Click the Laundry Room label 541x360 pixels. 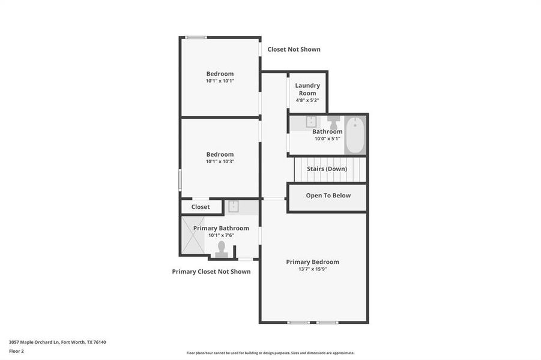click(307, 89)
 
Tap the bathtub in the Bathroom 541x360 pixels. click(354, 136)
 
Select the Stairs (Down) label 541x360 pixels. click(327, 169)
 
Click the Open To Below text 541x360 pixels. click(328, 196)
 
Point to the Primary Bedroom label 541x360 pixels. click(312, 262)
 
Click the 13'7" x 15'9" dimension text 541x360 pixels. click(312, 269)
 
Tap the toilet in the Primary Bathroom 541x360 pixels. click(222, 248)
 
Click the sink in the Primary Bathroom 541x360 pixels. click(233, 207)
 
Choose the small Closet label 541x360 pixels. click(201, 207)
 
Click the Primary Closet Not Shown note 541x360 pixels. click(211, 272)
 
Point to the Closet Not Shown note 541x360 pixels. click(294, 49)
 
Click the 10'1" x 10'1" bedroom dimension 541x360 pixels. click(220, 81)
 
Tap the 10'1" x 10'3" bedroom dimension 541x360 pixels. click(220, 161)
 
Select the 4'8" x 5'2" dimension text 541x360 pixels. click(307, 100)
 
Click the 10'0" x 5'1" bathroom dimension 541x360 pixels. click(327, 139)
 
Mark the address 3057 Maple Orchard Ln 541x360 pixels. click(58, 342)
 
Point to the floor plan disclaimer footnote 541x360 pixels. click(270, 353)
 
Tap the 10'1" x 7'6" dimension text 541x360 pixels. click(221, 235)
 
